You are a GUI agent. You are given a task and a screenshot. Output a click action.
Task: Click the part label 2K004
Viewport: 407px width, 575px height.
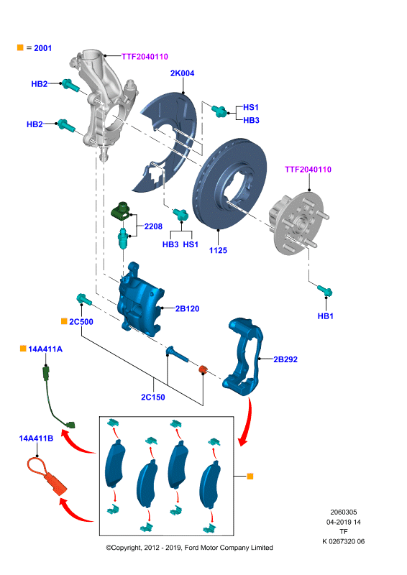[x=182, y=73]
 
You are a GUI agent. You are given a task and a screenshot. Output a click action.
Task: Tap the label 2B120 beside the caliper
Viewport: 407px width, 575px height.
[x=187, y=309]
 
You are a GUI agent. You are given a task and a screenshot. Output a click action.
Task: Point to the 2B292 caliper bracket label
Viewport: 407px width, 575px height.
[x=285, y=359]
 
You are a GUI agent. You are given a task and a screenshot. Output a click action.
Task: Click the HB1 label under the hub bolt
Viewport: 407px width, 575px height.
[x=326, y=316]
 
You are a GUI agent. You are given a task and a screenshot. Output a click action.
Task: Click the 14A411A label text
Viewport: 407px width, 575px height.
[x=45, y=349]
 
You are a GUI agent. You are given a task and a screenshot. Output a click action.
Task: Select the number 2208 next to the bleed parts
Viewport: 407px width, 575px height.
[x=153, y=226]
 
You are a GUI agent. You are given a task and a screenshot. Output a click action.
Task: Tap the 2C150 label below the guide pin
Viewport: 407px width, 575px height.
[x=153, y=397]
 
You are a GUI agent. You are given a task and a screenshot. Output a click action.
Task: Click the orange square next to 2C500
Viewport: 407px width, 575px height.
[x=64, y=321]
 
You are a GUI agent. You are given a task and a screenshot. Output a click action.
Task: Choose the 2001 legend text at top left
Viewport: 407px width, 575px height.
[x=42, y=48]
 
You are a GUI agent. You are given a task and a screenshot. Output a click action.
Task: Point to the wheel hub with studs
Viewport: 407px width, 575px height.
[x=298, y=224]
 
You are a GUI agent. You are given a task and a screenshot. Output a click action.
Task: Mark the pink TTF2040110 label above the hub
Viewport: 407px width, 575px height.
[x=308, y=170]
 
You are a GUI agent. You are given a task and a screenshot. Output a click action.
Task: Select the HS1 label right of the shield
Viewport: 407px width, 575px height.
[x=251, y=107]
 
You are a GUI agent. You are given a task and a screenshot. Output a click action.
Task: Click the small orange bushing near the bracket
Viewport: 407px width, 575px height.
[x=203, y=369]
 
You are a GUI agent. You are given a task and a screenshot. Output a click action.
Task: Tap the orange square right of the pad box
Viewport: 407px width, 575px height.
[x=250, y=476]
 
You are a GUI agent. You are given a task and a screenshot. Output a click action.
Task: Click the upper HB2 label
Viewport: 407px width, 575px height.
[x=40, y=84]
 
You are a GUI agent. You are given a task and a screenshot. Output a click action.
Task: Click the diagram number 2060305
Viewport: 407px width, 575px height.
[x=344, y=512]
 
